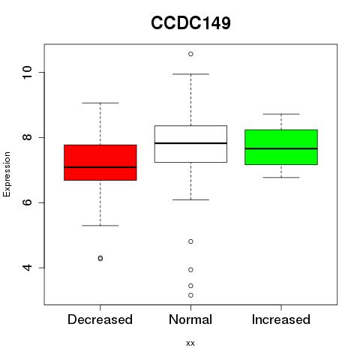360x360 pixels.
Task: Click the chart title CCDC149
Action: tap(190, 23)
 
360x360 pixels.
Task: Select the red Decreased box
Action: tap(100, 163)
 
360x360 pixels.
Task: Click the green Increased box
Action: tap(281, 147)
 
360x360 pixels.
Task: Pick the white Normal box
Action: tap(190, 144)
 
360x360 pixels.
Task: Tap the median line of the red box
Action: tap(100, 167)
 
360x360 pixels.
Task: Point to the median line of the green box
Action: tap(281, 148)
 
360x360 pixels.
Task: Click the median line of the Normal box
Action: tap(190, 143)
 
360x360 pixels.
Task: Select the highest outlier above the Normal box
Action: tap(190, 54)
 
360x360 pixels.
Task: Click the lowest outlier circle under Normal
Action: tap(190, 295)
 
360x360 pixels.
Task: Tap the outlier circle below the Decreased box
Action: tap(100, 258)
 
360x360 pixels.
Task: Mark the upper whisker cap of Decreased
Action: tap(100, 103)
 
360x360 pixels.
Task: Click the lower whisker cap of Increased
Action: tap(281, 178)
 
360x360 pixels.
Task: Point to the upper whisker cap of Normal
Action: tap(190, 74)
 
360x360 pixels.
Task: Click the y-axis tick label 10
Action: tap(27, 73)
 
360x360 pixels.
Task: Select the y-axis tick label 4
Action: tap(27, 268)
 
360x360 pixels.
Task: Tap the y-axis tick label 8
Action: tap(27, 137)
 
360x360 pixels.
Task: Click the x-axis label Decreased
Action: tap(100, 319)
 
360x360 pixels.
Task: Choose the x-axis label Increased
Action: tap(281, 319)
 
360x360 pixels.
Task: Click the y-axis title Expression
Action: tap(7, 174)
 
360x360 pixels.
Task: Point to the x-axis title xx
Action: tap(190, 343)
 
